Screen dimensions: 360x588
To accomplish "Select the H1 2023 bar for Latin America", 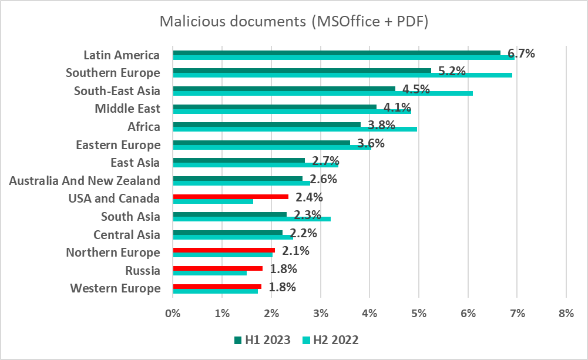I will pos(336,52).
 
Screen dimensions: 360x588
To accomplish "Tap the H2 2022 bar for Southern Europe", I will pos(342,75).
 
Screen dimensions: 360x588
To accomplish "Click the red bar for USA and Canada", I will pos(230,197).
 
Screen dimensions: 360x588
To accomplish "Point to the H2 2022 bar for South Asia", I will pos(251,218).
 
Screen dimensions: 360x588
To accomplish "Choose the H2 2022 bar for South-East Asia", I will pos(322,93).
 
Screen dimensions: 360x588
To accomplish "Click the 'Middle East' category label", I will pos(127,109).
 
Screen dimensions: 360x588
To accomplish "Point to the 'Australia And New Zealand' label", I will pos(85,180).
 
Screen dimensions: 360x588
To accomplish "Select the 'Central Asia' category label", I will pos(127,235).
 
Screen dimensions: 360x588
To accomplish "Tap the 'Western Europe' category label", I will pos(115,288).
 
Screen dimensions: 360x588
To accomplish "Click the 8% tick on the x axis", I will pos(566,314).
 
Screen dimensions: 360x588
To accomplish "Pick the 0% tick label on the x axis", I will pos(173,314).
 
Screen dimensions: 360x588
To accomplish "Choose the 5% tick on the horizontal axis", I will pos(418,314).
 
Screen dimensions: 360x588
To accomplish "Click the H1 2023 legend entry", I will pos(262,340).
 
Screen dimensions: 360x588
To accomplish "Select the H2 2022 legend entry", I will pos(329,340).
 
